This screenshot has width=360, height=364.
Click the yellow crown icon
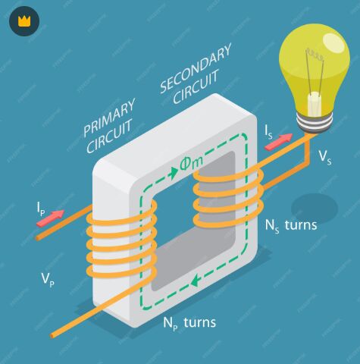(24, 21)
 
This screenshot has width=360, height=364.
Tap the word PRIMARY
(109, 118)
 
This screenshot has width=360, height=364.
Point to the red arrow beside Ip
(50, 218)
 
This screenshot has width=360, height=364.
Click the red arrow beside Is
(279, 143)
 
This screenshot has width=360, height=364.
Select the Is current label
(268, 132)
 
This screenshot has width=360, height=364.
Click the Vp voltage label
(48, 280)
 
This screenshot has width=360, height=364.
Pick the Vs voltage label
(325, 157)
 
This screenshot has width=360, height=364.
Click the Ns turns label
(291, 225)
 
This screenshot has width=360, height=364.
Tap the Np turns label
(189, 323)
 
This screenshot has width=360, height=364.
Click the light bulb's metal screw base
(315, 124)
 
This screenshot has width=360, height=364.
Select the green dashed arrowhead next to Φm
(174, 173)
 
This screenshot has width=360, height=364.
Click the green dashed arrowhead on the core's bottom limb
(195, 281)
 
